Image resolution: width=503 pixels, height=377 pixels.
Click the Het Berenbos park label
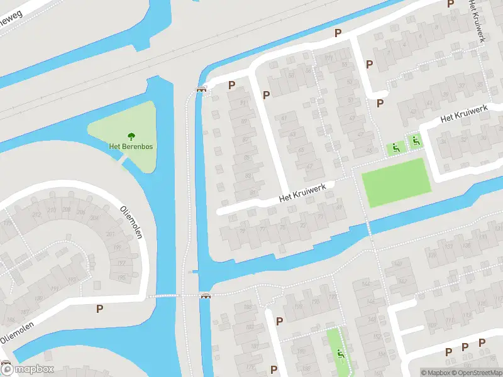(131, 146)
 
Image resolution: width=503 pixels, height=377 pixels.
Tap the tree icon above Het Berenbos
(131, 135)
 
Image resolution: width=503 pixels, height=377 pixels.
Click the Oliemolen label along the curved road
(131, 222)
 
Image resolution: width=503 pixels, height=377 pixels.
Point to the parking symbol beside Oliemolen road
(99, 309)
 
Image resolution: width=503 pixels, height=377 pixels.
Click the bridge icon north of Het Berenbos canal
(201, 89)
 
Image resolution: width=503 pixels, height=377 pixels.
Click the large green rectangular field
(396, 182)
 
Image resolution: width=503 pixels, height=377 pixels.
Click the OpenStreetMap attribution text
(477, 373)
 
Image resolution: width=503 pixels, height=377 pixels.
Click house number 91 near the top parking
(243, 104)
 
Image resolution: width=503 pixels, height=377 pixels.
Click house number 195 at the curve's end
(121, 277)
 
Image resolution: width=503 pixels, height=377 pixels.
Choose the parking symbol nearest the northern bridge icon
(231, 85)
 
